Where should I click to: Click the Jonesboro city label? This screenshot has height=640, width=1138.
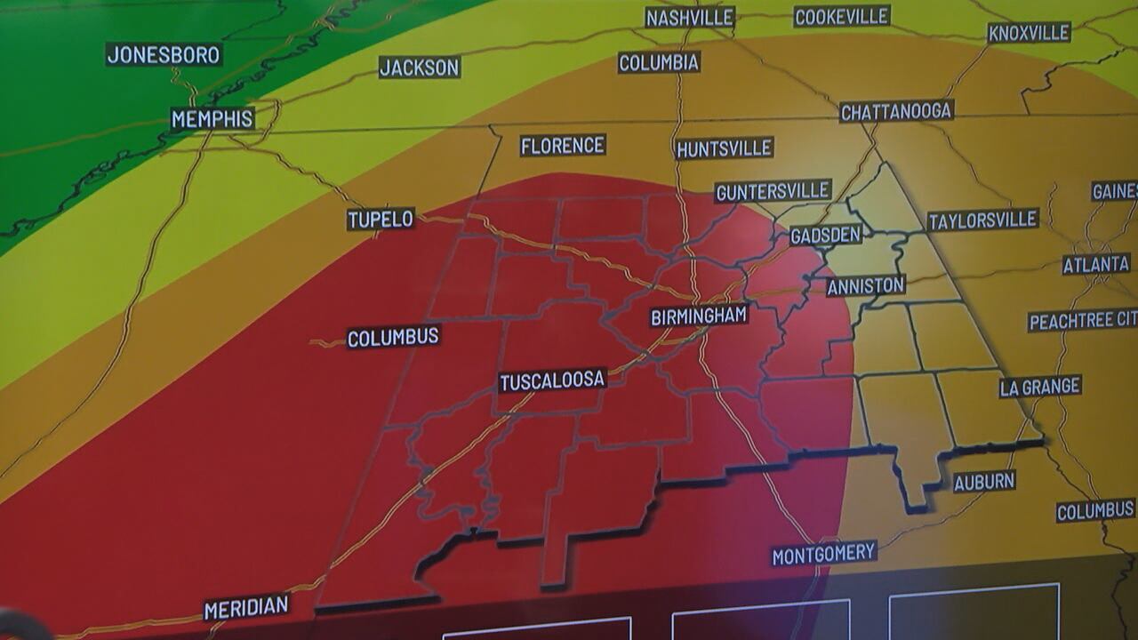click(x=164, y=54)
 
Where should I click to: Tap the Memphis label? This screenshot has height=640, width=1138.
click(x=212, y=119)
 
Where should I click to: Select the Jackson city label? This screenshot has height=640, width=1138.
click(x=420, y=67)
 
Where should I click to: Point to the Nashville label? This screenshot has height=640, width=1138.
click(x=690, y=17)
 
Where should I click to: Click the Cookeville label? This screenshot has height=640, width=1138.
click(x=841, y=16)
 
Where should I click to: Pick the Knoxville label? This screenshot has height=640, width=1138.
click(x=1029, y=33)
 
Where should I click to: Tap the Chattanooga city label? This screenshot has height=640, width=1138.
click(x=896, y=111)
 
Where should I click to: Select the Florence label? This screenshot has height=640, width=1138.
click(x=563, y=145)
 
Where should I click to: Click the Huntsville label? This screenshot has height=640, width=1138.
click(x=725, y=148)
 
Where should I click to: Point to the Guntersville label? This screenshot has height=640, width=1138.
click(x=773, y=191)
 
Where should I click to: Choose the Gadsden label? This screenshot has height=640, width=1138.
click(x=826, y=235)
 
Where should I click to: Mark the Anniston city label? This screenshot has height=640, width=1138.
click(x=865, y=285)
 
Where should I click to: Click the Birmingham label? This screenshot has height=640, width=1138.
click(x=699, y=316)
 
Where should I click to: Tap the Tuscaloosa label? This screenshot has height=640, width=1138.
click(x=552, y=380)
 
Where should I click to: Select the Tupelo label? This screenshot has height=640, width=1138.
click(x=381, y=219)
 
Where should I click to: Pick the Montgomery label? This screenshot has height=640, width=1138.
click(x=824, y=554)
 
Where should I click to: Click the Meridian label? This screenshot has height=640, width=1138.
click(x=246, y=608)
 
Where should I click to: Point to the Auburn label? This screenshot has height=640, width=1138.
click(x=984, y=482)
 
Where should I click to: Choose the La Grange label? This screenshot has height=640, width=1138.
click(x=1040, y=387)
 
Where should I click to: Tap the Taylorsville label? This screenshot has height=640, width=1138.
click(x=983, y=220)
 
